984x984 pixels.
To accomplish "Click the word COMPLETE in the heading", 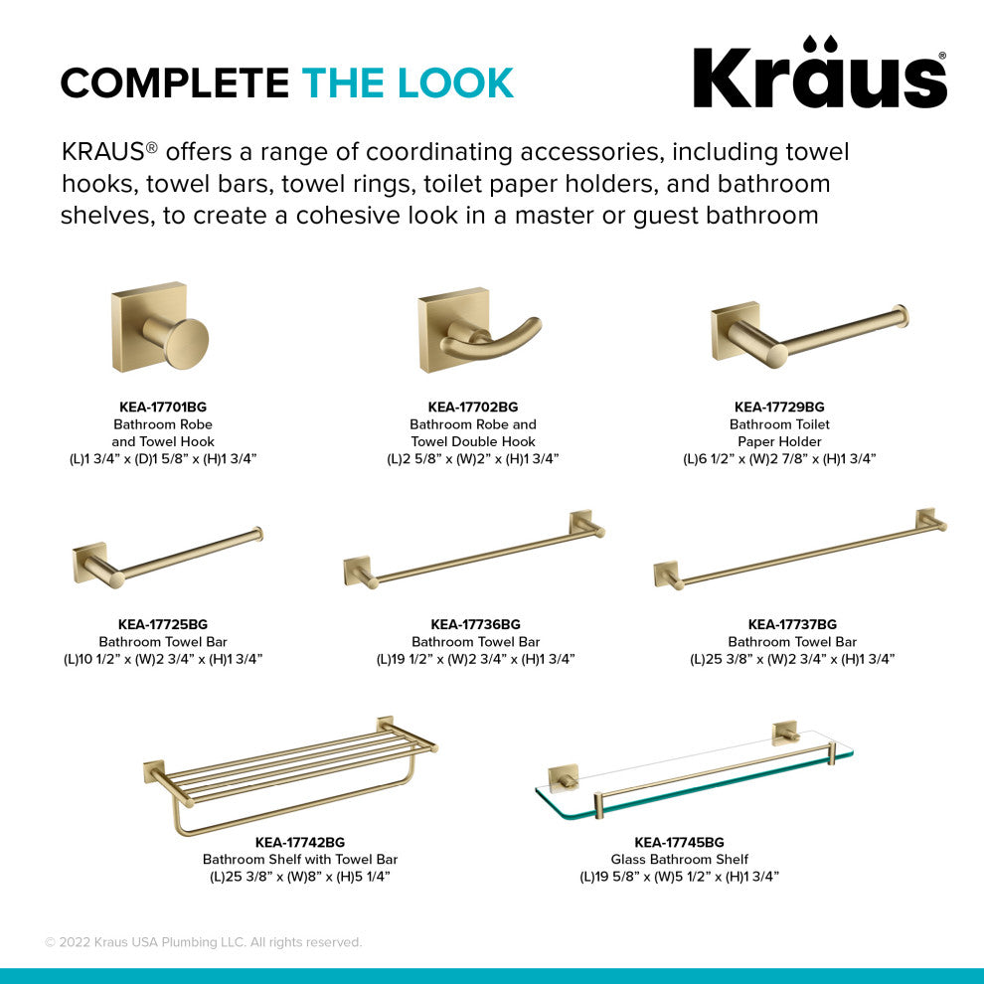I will [175, 83].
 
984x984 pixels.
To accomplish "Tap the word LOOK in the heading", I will [456, 83].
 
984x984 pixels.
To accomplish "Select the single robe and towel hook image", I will [159, 328].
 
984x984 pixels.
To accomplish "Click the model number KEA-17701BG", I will [163, 407].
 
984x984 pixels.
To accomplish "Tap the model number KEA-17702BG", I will [473, 407].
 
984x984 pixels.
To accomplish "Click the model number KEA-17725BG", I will [163, 624].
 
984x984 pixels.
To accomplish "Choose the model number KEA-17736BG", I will [475, 624].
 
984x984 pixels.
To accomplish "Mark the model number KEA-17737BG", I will [792, 624].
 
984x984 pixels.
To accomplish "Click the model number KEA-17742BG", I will [300, 842].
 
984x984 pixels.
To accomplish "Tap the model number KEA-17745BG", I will [679, 842].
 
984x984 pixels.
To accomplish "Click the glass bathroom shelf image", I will [693, 770].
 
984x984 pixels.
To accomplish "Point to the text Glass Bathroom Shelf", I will [679, 859].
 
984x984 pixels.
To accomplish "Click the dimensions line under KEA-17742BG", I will [300, 877].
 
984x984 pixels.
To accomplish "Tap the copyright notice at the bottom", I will [203, 942].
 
